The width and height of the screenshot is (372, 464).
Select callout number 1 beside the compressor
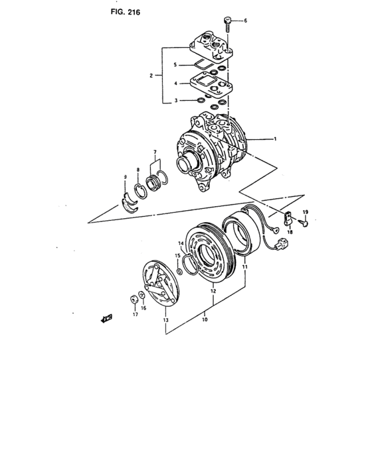(x=274, y=139)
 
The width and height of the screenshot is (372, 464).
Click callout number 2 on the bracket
(x=151, y=76)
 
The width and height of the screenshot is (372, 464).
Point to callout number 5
(x=175, y=64)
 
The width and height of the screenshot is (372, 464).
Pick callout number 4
(x=175, y=84)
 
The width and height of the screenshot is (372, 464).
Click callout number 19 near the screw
(x=306, y=211)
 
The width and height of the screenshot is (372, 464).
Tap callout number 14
(x=180, y=245)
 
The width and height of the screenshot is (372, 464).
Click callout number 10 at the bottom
(x=205, y=319)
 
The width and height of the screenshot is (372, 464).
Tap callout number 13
(x=165, y=319)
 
